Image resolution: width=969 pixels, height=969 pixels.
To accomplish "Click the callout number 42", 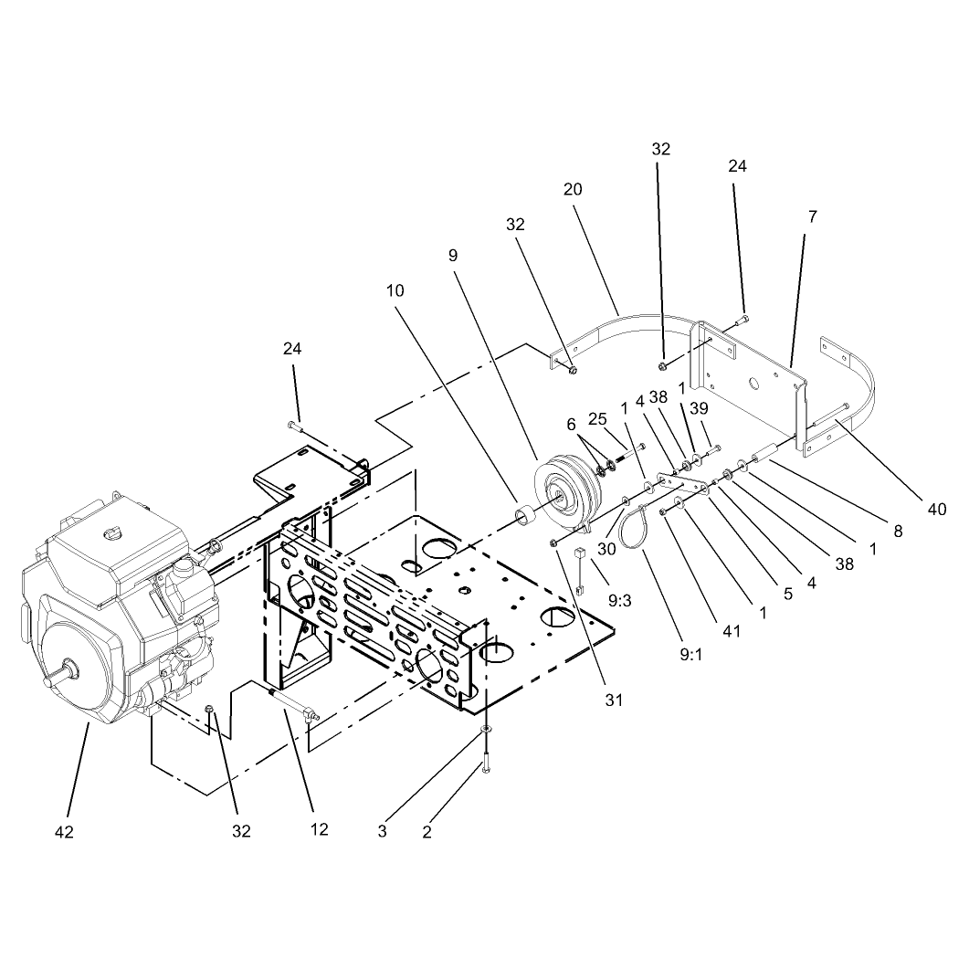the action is click(x=64, y=832).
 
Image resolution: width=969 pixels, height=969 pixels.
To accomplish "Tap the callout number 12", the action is click(x=319, y=829).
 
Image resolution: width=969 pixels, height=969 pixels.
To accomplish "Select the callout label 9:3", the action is click(x=619, y=600).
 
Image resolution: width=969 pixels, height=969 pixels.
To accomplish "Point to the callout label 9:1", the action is click(x=691, y=655).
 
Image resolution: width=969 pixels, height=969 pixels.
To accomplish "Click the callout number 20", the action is click(x=573, y=189).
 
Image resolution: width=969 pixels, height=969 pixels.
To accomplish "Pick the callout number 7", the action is click(x=813, y=216).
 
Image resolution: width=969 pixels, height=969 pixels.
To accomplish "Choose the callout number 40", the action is click(x=937, y=510).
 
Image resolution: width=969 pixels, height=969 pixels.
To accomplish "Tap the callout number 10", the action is click(x=395, y=290).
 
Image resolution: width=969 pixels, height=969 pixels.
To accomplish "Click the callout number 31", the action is click(x=614, y=700).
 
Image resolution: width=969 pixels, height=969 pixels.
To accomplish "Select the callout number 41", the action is click(x=731, y=631).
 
